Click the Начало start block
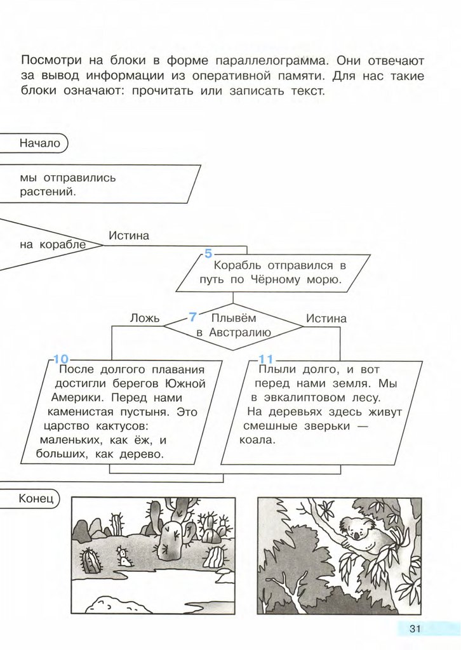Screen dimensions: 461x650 pos(33,143)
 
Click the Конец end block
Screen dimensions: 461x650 pos(30,498)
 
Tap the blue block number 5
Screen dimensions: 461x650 pos(208,253)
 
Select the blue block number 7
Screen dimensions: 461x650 pos(192,317)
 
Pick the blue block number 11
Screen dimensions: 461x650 pos(265,359)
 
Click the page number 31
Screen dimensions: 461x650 pos(415,628)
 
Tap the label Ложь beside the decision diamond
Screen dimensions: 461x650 pos(145,319)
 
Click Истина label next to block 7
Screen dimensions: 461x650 pos(326,319)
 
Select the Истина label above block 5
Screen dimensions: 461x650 pos(129,235)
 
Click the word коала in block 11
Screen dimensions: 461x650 pos(257,440)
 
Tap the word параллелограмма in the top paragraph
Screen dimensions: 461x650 pos(272,61)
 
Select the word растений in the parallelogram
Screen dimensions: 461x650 pos(48,192)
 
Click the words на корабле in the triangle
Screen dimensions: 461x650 pos(53,244)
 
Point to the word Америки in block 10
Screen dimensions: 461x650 pos(75,397)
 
